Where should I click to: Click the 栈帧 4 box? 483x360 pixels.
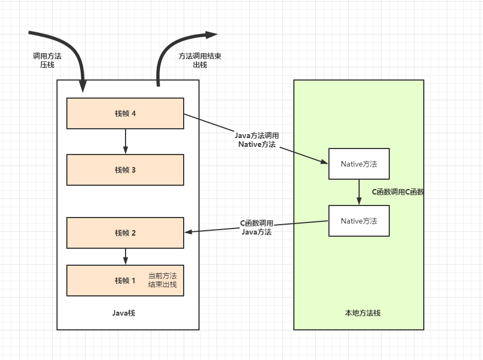coord(125,113)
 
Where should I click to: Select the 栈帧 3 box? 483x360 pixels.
coord(125,170)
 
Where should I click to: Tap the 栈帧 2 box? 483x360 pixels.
coord(125,233)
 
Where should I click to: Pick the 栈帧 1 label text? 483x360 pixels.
coord(125,281)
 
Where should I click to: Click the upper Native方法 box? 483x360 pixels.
coord(359,164)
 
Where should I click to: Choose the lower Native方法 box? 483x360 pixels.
coord(359,221)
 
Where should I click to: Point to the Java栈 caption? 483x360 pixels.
coord(124,313)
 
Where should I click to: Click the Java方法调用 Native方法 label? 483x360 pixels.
coord(257,140)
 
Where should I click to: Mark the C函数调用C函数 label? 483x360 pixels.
coord(399,192)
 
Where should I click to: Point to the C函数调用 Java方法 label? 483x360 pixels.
coord(257,227)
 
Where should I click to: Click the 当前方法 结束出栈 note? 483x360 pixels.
coord(162,280)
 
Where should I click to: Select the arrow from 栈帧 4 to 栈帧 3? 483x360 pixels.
coord(126,141)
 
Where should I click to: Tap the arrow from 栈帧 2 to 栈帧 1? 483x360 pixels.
coord(126,256)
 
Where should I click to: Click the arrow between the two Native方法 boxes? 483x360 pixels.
coord(359,192)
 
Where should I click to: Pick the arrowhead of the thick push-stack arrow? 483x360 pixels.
coord(83,86)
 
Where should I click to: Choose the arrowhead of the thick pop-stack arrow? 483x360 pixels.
coord(212,35)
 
